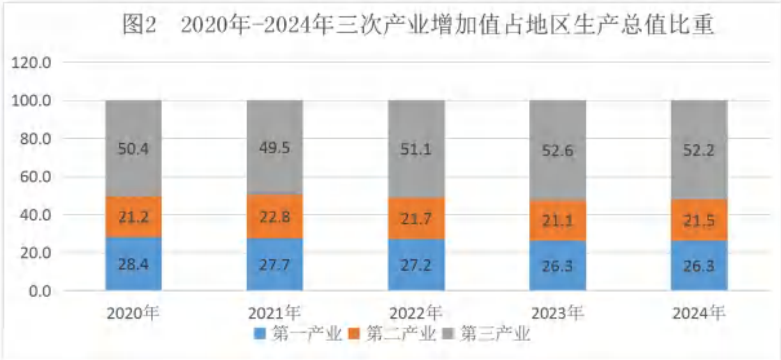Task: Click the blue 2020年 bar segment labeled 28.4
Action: (134, 264)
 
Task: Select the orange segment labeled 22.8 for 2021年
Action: (275, 216)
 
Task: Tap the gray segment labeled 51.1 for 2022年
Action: (416, 149)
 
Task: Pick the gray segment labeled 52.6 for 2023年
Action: (558, 150)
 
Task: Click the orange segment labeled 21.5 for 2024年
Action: (699, 220)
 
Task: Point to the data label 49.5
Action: (275, 148)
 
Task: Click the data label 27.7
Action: (275, 265)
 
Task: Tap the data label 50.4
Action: (134, 149)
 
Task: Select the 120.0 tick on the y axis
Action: (31, 63)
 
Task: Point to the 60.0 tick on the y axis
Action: (35, 177)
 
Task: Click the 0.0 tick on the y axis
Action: (40, 291)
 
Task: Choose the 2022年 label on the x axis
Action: (416, 313)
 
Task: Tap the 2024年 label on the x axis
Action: (699, 313)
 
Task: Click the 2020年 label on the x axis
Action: (133, 313)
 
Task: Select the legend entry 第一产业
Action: (298, 334)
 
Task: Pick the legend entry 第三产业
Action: (486, 334)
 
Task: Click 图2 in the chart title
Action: (139, 25)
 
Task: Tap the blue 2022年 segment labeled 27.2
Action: (416, 265)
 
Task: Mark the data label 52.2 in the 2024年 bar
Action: (699, 150)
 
